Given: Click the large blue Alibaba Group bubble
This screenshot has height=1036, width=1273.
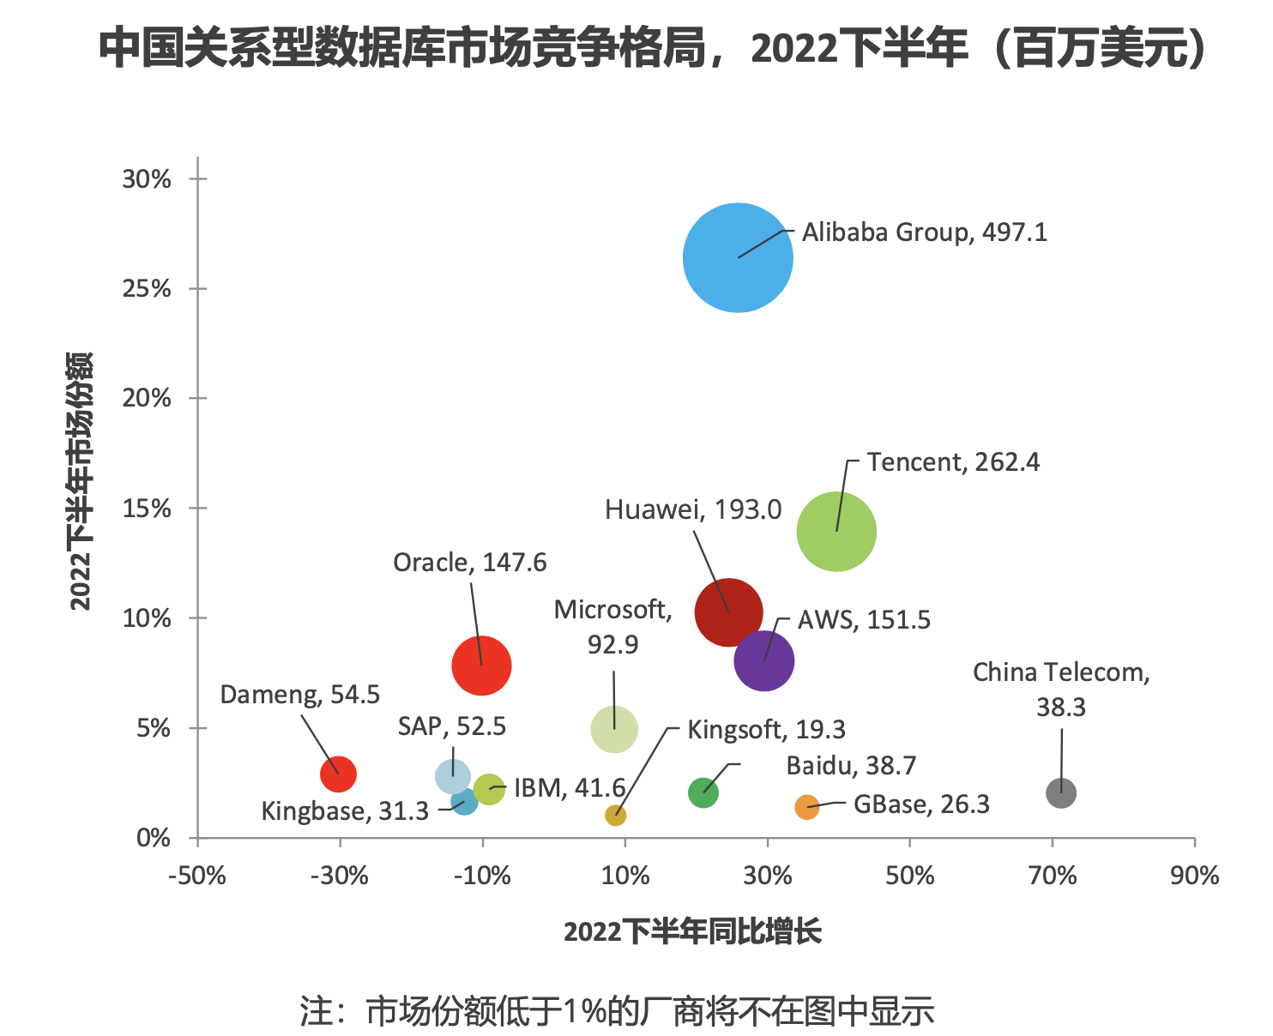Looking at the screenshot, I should click(738, 257).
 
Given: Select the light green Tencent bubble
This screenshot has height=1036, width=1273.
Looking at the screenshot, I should click(836, 531).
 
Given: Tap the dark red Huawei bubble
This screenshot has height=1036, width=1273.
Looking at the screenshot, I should click(728, 612).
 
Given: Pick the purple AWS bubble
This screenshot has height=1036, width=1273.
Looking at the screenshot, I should click(763, 660).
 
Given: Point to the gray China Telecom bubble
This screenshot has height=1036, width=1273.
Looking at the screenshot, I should click(1061, 792).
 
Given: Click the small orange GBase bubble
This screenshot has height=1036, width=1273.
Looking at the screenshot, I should click(806, 807).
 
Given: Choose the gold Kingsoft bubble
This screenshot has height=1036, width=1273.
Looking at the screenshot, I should click(615, 815).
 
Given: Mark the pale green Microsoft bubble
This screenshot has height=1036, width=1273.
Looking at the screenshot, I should click(614, 729).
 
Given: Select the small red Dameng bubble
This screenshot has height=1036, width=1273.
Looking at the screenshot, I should click(338, 774).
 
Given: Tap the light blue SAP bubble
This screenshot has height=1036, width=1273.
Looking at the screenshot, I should click(452, 776).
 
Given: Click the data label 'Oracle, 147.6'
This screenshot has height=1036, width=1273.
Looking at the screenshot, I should click(469, 563).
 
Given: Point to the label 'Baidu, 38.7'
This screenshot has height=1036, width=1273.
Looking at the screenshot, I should click(851, 765).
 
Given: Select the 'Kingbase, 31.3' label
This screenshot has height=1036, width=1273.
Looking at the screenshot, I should click(345, 810).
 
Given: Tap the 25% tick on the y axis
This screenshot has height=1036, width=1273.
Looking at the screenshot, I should click(147, 289).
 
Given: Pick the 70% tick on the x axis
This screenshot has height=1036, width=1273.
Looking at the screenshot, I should click(1053, 876).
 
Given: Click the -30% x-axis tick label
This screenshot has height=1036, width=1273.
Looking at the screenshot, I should click(340, 876).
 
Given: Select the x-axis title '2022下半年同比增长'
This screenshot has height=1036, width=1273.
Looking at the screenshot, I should click(692, 931).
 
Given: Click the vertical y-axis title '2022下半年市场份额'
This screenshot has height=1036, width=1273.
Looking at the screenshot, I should click(80, 480).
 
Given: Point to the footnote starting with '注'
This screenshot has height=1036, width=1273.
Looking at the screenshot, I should click(617, 1011).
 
